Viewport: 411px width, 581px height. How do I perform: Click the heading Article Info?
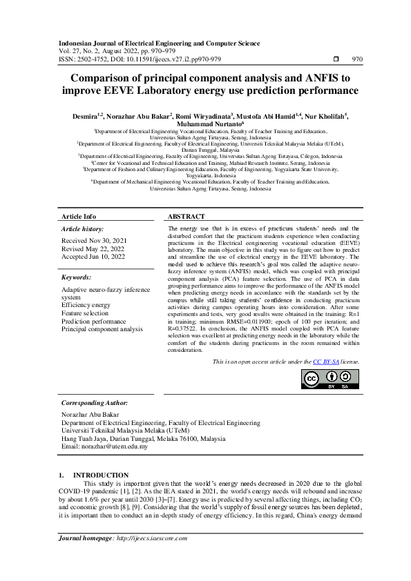point(79,216)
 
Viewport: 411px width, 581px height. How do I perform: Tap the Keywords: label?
point(77,277)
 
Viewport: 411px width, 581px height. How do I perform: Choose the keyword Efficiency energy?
point(85,304)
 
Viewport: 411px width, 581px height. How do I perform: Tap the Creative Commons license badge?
point(331,380)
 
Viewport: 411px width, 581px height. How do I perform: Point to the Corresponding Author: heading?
point(94,402)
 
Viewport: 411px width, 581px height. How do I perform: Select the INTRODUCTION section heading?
point(101,475)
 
